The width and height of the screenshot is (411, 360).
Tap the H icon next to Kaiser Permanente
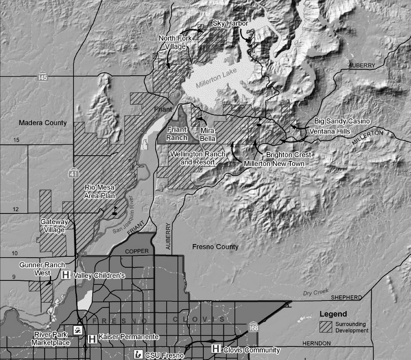tap(92, 338)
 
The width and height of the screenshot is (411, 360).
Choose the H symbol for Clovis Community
tap(216, 349)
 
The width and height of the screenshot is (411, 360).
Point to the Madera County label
tap(43, 122)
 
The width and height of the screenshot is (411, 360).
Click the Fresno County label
tap(216, 247)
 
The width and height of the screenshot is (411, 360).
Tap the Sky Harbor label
tap(230, 23)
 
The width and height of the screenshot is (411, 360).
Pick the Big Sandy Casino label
tap(342, 121)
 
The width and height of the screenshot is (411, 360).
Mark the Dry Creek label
tap(315, 292)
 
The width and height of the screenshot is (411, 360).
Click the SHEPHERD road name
tap(346, 297)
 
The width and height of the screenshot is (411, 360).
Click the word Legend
tap(333, 314)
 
